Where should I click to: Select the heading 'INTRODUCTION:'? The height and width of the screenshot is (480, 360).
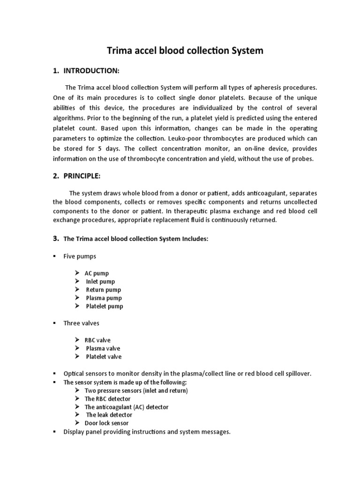[x=91, y=71]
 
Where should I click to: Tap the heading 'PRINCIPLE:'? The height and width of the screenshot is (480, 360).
[x=83, y=176]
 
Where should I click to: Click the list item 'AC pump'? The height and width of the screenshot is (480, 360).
[x=97, y=273]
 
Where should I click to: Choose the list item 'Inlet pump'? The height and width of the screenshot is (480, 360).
[x=100, y=281]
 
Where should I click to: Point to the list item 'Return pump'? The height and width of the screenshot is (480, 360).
[x=103, y=290]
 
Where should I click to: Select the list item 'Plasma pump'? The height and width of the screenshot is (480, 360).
[x=104, y=298]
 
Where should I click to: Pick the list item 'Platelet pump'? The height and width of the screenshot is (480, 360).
[x=105, y=307]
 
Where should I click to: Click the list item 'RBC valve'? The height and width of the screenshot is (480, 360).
[x=97, y=340]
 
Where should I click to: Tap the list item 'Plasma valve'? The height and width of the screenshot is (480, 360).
[x=103, y=348]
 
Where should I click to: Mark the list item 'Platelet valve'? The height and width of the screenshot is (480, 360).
[x=104, y=357]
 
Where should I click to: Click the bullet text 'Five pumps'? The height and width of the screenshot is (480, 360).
[x=80, y=256]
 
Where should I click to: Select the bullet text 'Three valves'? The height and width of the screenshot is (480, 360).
[x=81, y=323]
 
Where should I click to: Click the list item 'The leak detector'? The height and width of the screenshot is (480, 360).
[x=109, y=415]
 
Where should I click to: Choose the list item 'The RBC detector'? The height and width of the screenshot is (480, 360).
[x=107, y=399]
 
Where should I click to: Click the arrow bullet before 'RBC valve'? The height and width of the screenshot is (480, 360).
[x=77, y=340]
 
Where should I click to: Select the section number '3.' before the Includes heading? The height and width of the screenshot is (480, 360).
[x=55, y=239]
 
